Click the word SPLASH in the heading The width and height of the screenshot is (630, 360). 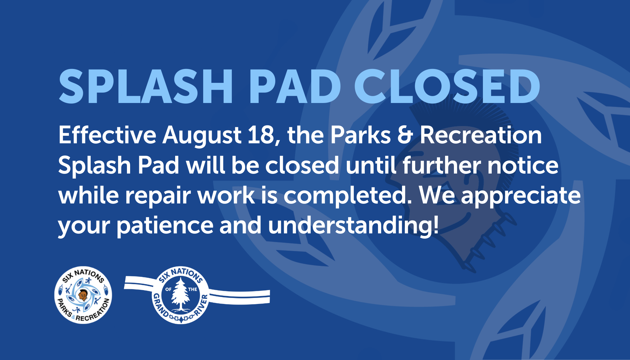(x=146, y=87)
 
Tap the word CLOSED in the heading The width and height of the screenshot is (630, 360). (x=447, y=87)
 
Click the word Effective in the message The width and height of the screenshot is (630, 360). (x=107, y=135)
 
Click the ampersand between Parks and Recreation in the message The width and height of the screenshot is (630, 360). (x=405, y=135)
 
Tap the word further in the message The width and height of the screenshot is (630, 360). (x=442, y=165)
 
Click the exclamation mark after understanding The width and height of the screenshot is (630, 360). (x=436, y=225)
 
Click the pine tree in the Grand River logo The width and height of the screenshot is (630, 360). (x=180, y=294)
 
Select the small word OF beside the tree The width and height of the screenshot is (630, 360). (x=169, y=289)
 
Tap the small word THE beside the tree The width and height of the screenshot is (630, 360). (x=192, y=289)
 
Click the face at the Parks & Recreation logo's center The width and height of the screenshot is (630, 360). (x=83, y=295)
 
